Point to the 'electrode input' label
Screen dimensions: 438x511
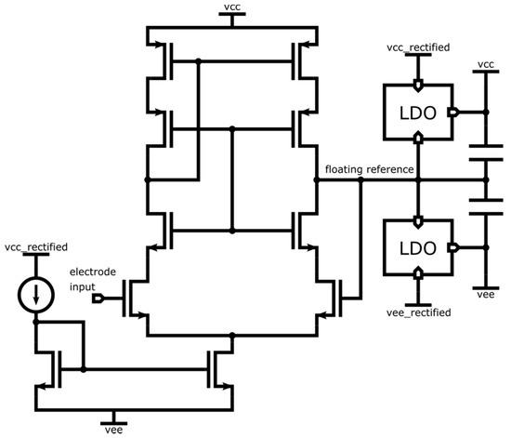click(94, 274)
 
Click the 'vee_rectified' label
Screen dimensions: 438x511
click(419, 314)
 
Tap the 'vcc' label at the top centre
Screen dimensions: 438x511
click(231, 7)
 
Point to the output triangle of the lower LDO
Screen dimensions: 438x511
click(455, 247)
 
